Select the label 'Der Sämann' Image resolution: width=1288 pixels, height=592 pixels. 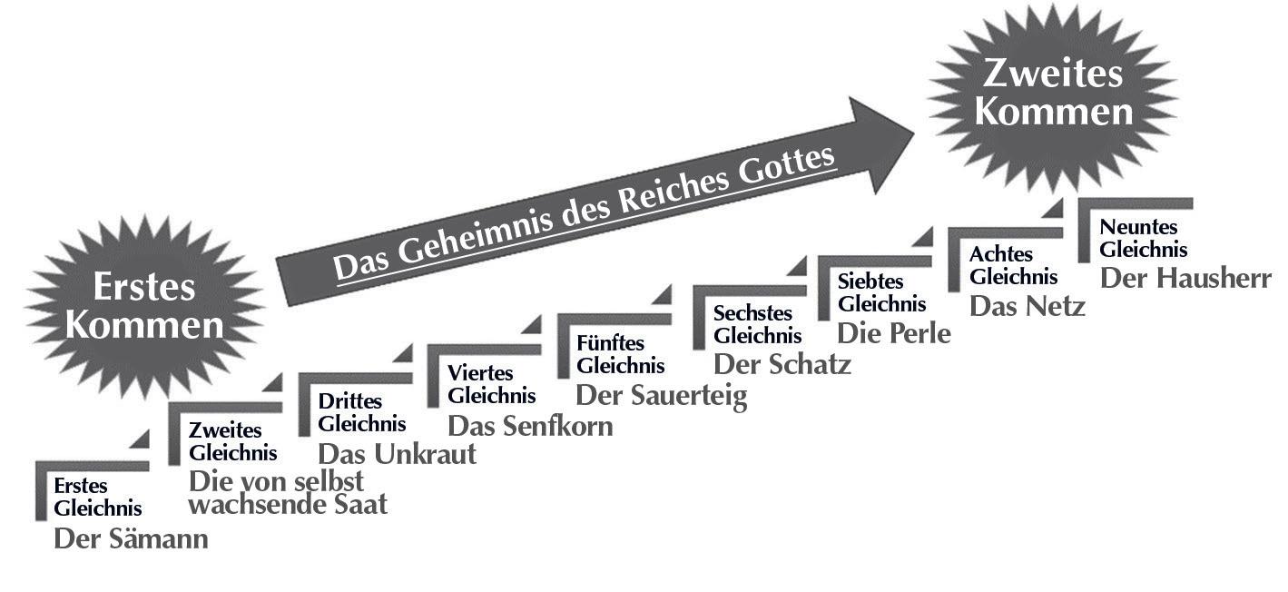click(x=131, y=538)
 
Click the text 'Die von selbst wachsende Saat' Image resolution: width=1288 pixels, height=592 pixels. click(x=287, y=492)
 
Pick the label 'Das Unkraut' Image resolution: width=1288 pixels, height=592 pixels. click(x=397, y=453)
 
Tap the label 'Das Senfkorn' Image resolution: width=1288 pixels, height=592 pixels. click(x=530, y=425)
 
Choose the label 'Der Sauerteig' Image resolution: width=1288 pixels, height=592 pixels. click(x=662, y=396)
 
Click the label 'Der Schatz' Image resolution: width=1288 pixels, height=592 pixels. click(x=782, y=364)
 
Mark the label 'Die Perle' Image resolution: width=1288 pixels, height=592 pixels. click(x=893, y=333)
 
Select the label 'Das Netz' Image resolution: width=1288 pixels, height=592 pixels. click(x=1027, y=306)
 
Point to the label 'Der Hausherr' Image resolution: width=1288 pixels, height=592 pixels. click(x=1185, y=277)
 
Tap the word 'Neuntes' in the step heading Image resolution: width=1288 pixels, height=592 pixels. click(x=1138, y=227)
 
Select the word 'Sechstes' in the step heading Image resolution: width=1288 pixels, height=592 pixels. click(x=753, y=313)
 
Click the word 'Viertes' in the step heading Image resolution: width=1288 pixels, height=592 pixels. click(x=480, y=373)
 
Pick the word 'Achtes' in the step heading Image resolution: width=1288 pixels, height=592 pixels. click(x=1001, y=254)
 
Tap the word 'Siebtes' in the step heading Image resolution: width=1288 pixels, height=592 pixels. click(x=870, y=282)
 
